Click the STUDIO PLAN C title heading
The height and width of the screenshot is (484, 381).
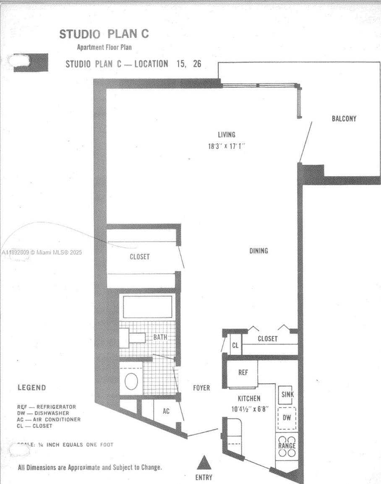(x=104, y=34)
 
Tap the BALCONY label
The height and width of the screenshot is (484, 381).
(x=344, y=119)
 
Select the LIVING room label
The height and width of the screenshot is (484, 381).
(x=226, y=135)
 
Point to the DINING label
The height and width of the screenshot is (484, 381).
(x=258, y=251)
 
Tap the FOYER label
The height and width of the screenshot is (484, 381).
(x=201, y=388)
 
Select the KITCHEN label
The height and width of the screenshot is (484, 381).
(x=249, y=398)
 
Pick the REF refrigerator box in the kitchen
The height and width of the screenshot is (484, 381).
(x=243, y=373)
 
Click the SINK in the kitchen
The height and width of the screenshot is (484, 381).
(x=287, y=395)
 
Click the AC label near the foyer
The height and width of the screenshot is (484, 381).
(x=166, y=411)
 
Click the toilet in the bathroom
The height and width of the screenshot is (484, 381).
(x=131, y=380)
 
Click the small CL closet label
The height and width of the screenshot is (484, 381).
(x=235, y=346)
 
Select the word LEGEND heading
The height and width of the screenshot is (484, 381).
(x=32, y=387)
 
